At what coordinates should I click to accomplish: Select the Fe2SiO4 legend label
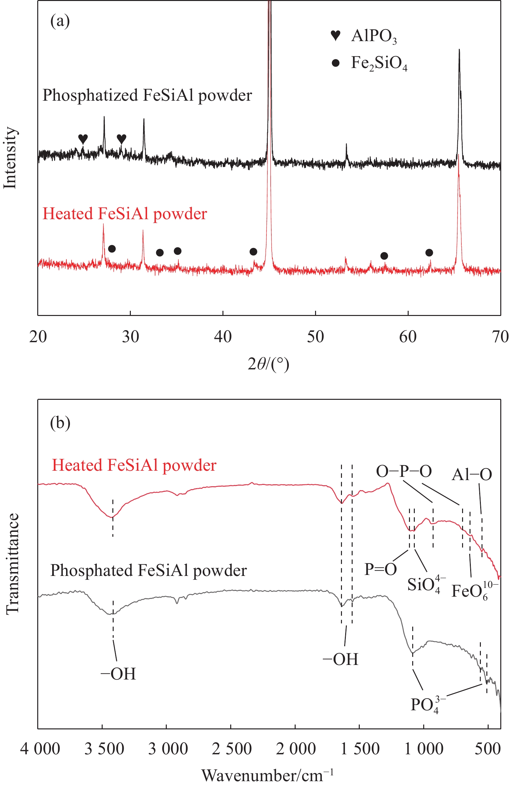pyautogui.click(x=379, y=63)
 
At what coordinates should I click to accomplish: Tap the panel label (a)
pyautogui.click(x=60, y=21)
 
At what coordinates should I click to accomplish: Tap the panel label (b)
pyautogui.click(x=60, y=422)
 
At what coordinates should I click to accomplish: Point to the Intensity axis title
pyautogui.click(x=10, y=158)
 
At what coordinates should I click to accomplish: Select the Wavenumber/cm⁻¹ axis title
pyautogui.click(x=267, y=775)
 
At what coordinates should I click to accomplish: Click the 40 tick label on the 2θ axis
pyautogui.click(x=222, y=337)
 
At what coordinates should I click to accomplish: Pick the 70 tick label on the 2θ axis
pyautogui.click(x=500, y=337)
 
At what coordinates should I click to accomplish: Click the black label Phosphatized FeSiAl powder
pyautogui.click(x=147, y=96)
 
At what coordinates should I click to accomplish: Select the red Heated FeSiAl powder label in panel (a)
pyautogui.click(x=125, y=214)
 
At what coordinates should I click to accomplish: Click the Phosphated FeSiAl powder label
pyautogui.click(x=149, y=570)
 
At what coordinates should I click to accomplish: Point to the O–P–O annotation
pyautogui.click(x=404, y=472)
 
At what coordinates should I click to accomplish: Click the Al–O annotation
pyautogui.click(x=472, y=475)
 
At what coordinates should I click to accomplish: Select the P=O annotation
pyautogui.click(x=380, y=569)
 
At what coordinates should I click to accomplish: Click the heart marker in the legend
pyautogui.click(x=335, y=35)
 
